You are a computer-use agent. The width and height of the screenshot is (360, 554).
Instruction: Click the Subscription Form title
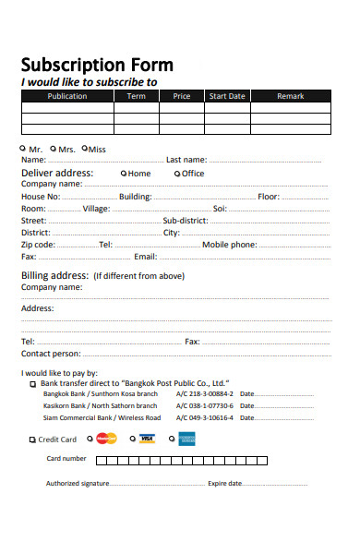[x=97, y=65]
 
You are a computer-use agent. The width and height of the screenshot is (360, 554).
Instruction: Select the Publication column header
[x=67, y=96]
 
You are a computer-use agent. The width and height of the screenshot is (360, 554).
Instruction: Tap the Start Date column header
[x=227, y=96]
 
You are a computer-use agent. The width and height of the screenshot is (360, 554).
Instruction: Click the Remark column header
[x=290, y=96]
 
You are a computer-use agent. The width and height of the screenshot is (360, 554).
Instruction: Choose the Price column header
[x=182, y=96]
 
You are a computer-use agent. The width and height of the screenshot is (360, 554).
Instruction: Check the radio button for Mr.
[x=23, y=148]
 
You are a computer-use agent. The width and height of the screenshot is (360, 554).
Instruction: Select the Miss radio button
[x=85, y=148]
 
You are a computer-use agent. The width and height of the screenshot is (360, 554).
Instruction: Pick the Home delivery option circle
[x=124, y=173]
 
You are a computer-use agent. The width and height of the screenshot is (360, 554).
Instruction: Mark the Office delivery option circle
[x=177, y=173]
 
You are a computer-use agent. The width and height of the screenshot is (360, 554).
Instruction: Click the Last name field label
[x=186, y=160]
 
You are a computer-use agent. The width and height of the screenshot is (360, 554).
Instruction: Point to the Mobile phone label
[x=230, y=245]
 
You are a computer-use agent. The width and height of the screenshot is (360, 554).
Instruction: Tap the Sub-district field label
[x=186, y=221]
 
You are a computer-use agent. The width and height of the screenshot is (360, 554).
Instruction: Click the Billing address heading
[x=54, y=275]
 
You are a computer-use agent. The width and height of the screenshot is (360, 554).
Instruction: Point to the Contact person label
[x=50, y=354]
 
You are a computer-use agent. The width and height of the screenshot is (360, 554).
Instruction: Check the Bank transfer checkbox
[x=33, y=383]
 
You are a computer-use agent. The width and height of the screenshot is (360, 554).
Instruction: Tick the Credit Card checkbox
[x=33, y=440]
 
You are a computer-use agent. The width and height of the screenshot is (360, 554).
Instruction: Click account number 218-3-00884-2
[x=206, y=394]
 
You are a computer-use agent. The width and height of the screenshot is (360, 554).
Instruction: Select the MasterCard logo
[x=107, y=439]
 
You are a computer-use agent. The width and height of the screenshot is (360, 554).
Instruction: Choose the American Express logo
[x=187, y=439]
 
